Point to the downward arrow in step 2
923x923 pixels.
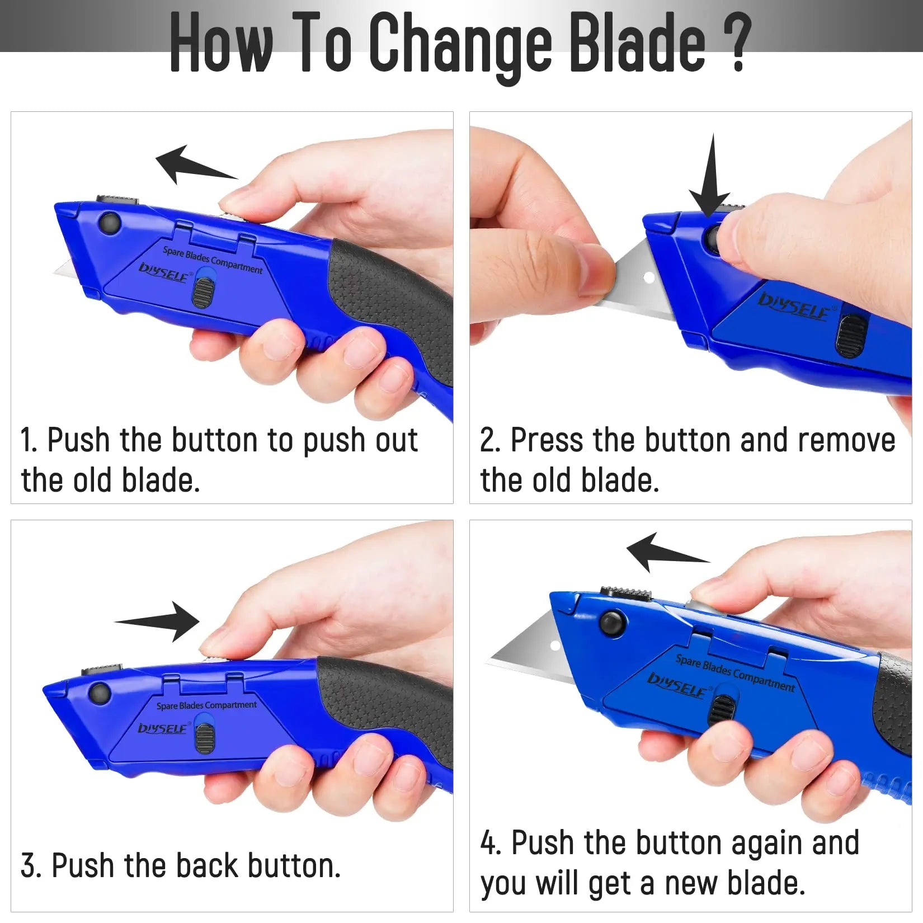click(710, 179)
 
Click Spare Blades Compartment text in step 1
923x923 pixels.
click(213, 260)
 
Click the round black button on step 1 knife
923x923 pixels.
click(109, 223)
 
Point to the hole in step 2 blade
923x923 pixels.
click(649, 277)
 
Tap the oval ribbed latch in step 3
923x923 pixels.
click(204, 738)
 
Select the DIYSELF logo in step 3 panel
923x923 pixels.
click(162, 728)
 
